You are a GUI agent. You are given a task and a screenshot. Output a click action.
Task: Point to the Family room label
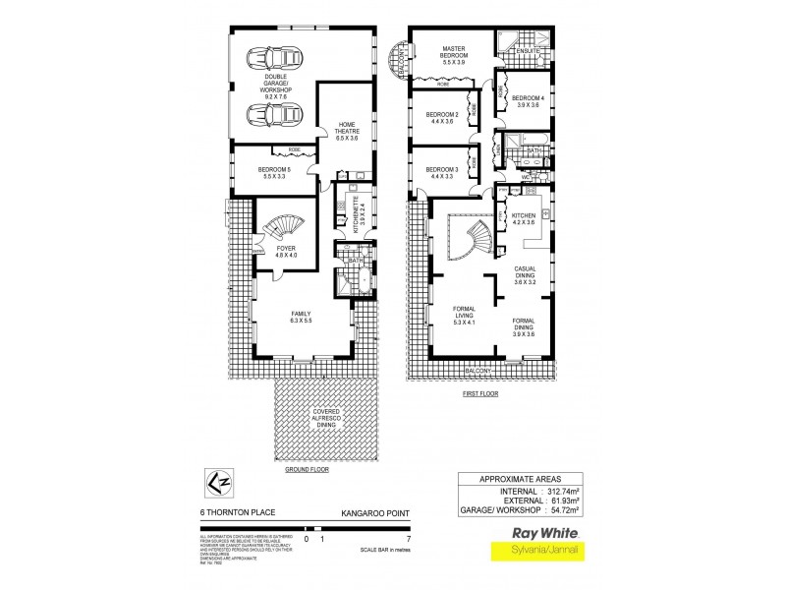click(x=301, y=317)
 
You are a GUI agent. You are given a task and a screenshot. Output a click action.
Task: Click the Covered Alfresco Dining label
click(x=324, y=420)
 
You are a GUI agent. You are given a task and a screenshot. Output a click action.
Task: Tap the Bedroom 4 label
click(x=527, y=102)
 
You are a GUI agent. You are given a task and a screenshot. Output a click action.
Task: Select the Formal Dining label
click(x=523, y=327)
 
